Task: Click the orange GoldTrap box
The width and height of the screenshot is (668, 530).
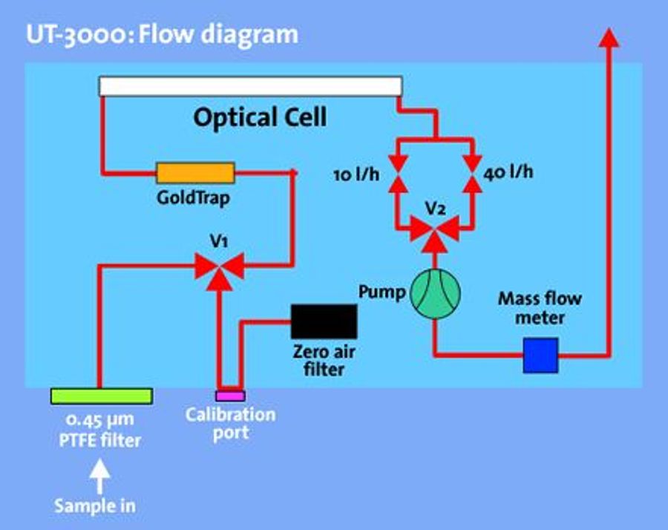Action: pyautogui.click(x=195, y=174)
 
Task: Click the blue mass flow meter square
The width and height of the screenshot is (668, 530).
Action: pyautogui.click(x=540, y=355)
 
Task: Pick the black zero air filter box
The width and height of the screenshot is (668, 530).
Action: pyautogui.click(x=324, y=321)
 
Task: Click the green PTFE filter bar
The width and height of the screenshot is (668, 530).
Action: pyautogui.click(x=101, y=396)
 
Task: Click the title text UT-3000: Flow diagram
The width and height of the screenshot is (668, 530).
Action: pyautogui.click(x=162, y=35)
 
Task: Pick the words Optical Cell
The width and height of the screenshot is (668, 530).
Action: pyautogui.click(x=260, y=117)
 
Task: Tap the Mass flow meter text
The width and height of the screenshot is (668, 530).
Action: pyautogui.click(x=540, y=308)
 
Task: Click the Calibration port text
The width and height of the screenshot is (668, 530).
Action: pyautogui.click(x=230, y=423)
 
